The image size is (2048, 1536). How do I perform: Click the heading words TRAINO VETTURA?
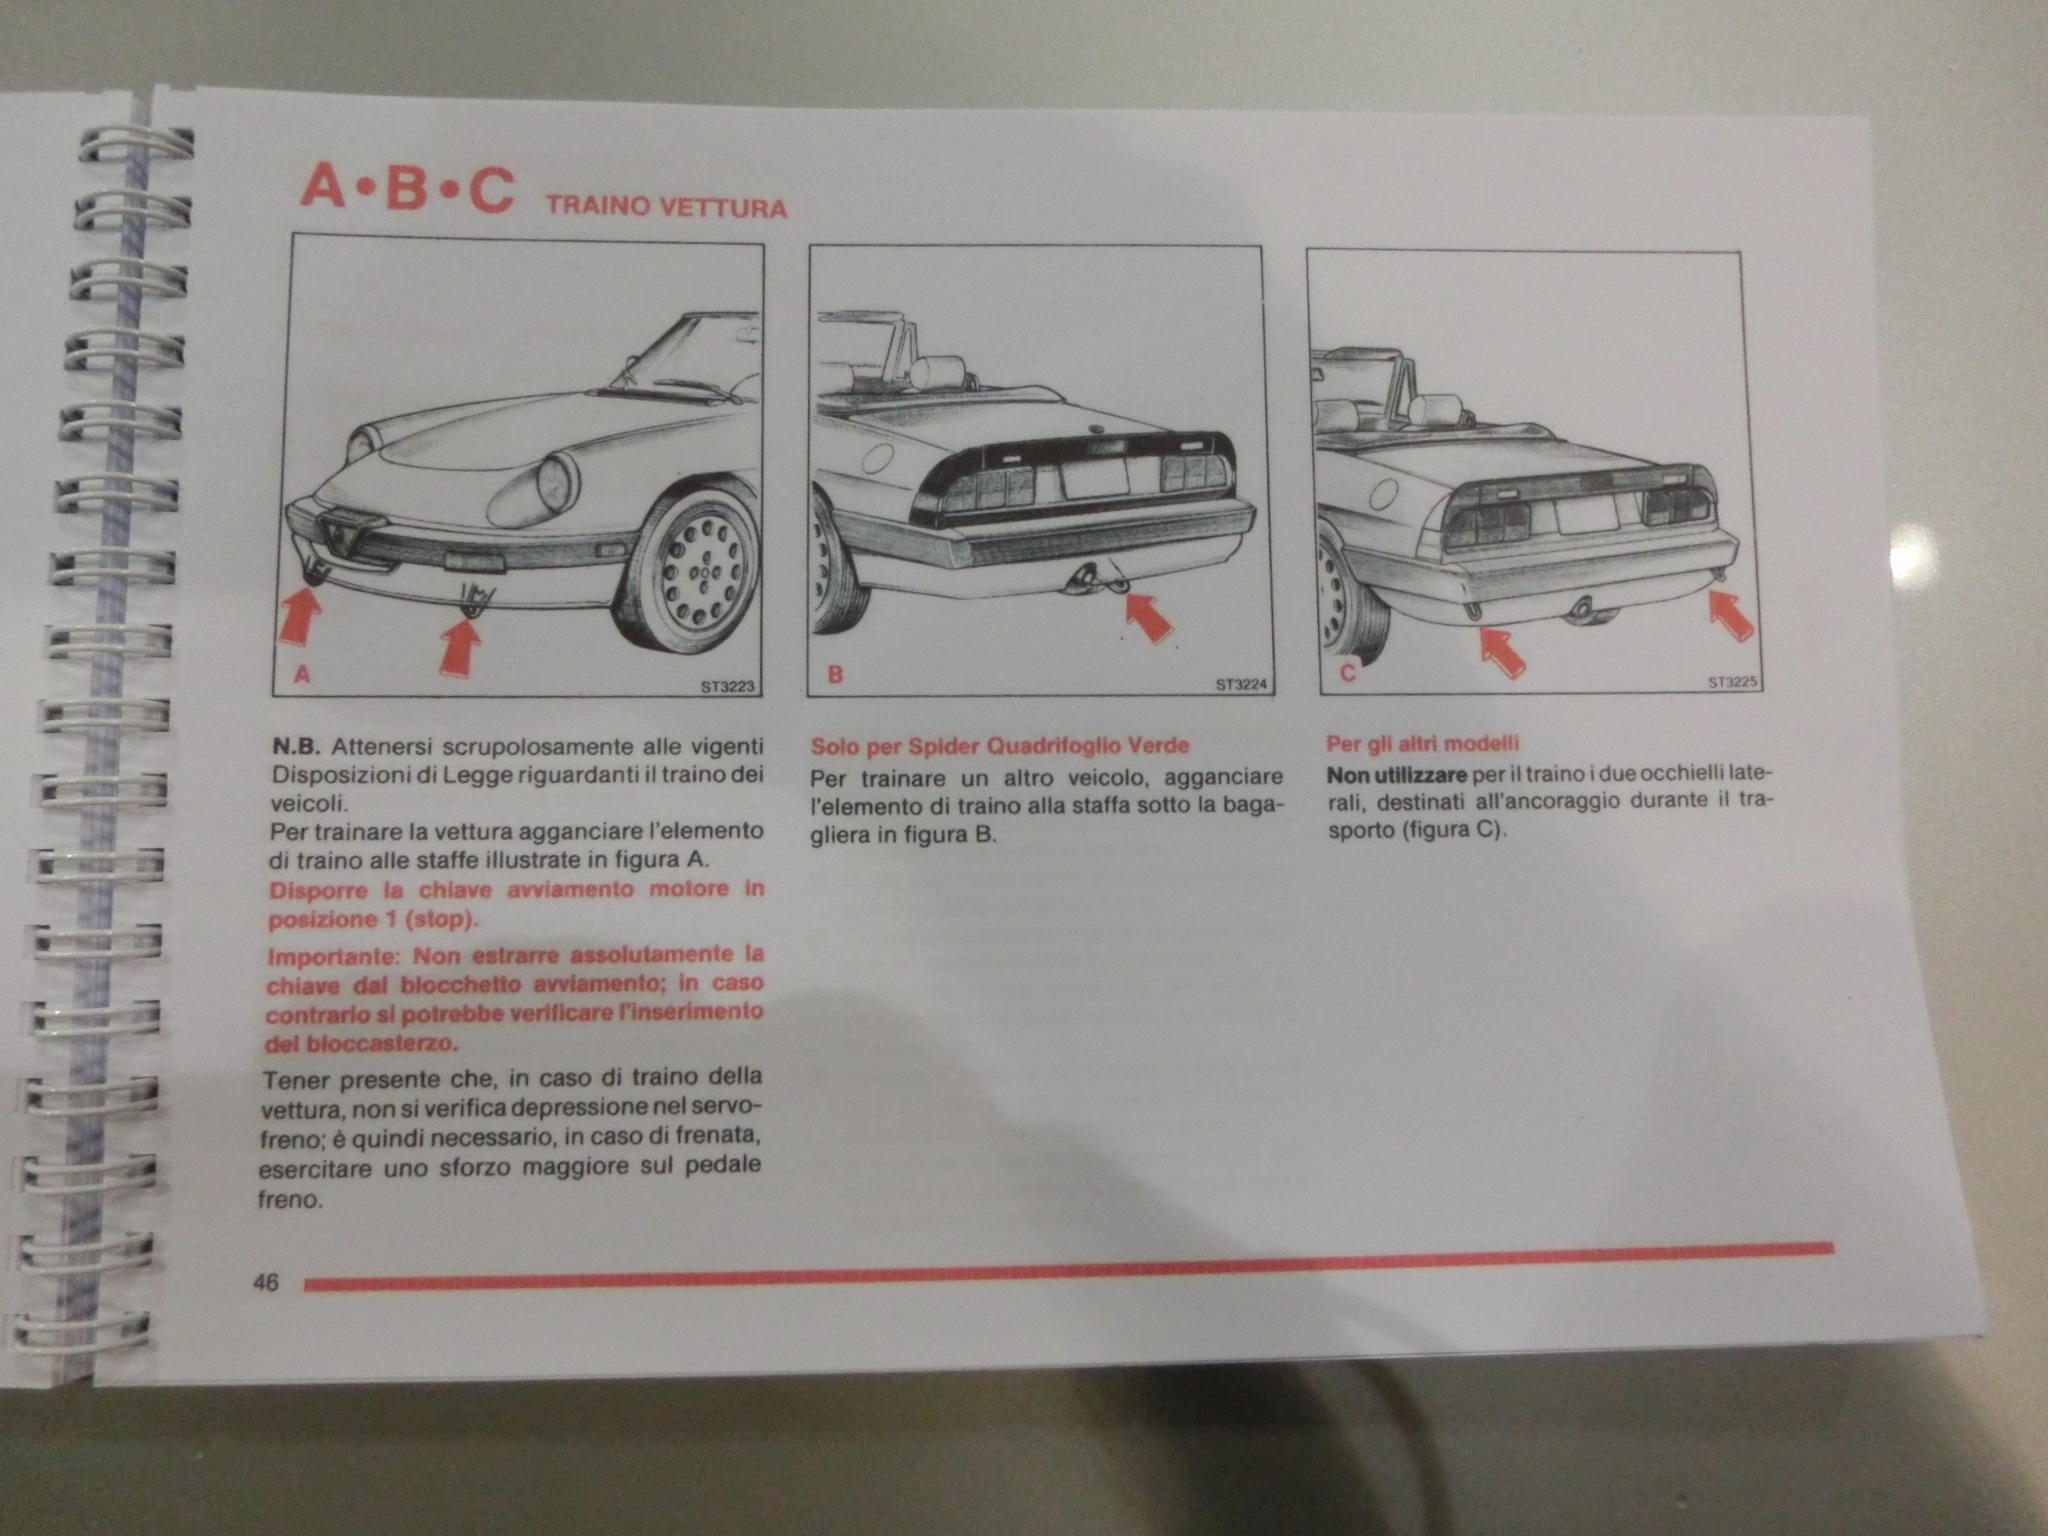666,207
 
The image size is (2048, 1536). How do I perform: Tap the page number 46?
266,1282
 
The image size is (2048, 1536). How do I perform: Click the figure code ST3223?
727,687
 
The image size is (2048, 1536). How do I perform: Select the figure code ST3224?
1241,685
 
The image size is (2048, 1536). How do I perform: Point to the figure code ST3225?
1733,682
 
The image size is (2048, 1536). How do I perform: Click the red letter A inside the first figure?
302,675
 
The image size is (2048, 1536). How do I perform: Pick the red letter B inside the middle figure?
835,674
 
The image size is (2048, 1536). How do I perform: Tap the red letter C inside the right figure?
1347,673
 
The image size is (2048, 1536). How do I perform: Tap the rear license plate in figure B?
1094,477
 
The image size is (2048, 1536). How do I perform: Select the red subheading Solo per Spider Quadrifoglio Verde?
1000,746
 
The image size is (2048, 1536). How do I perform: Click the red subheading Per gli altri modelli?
1422,743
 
